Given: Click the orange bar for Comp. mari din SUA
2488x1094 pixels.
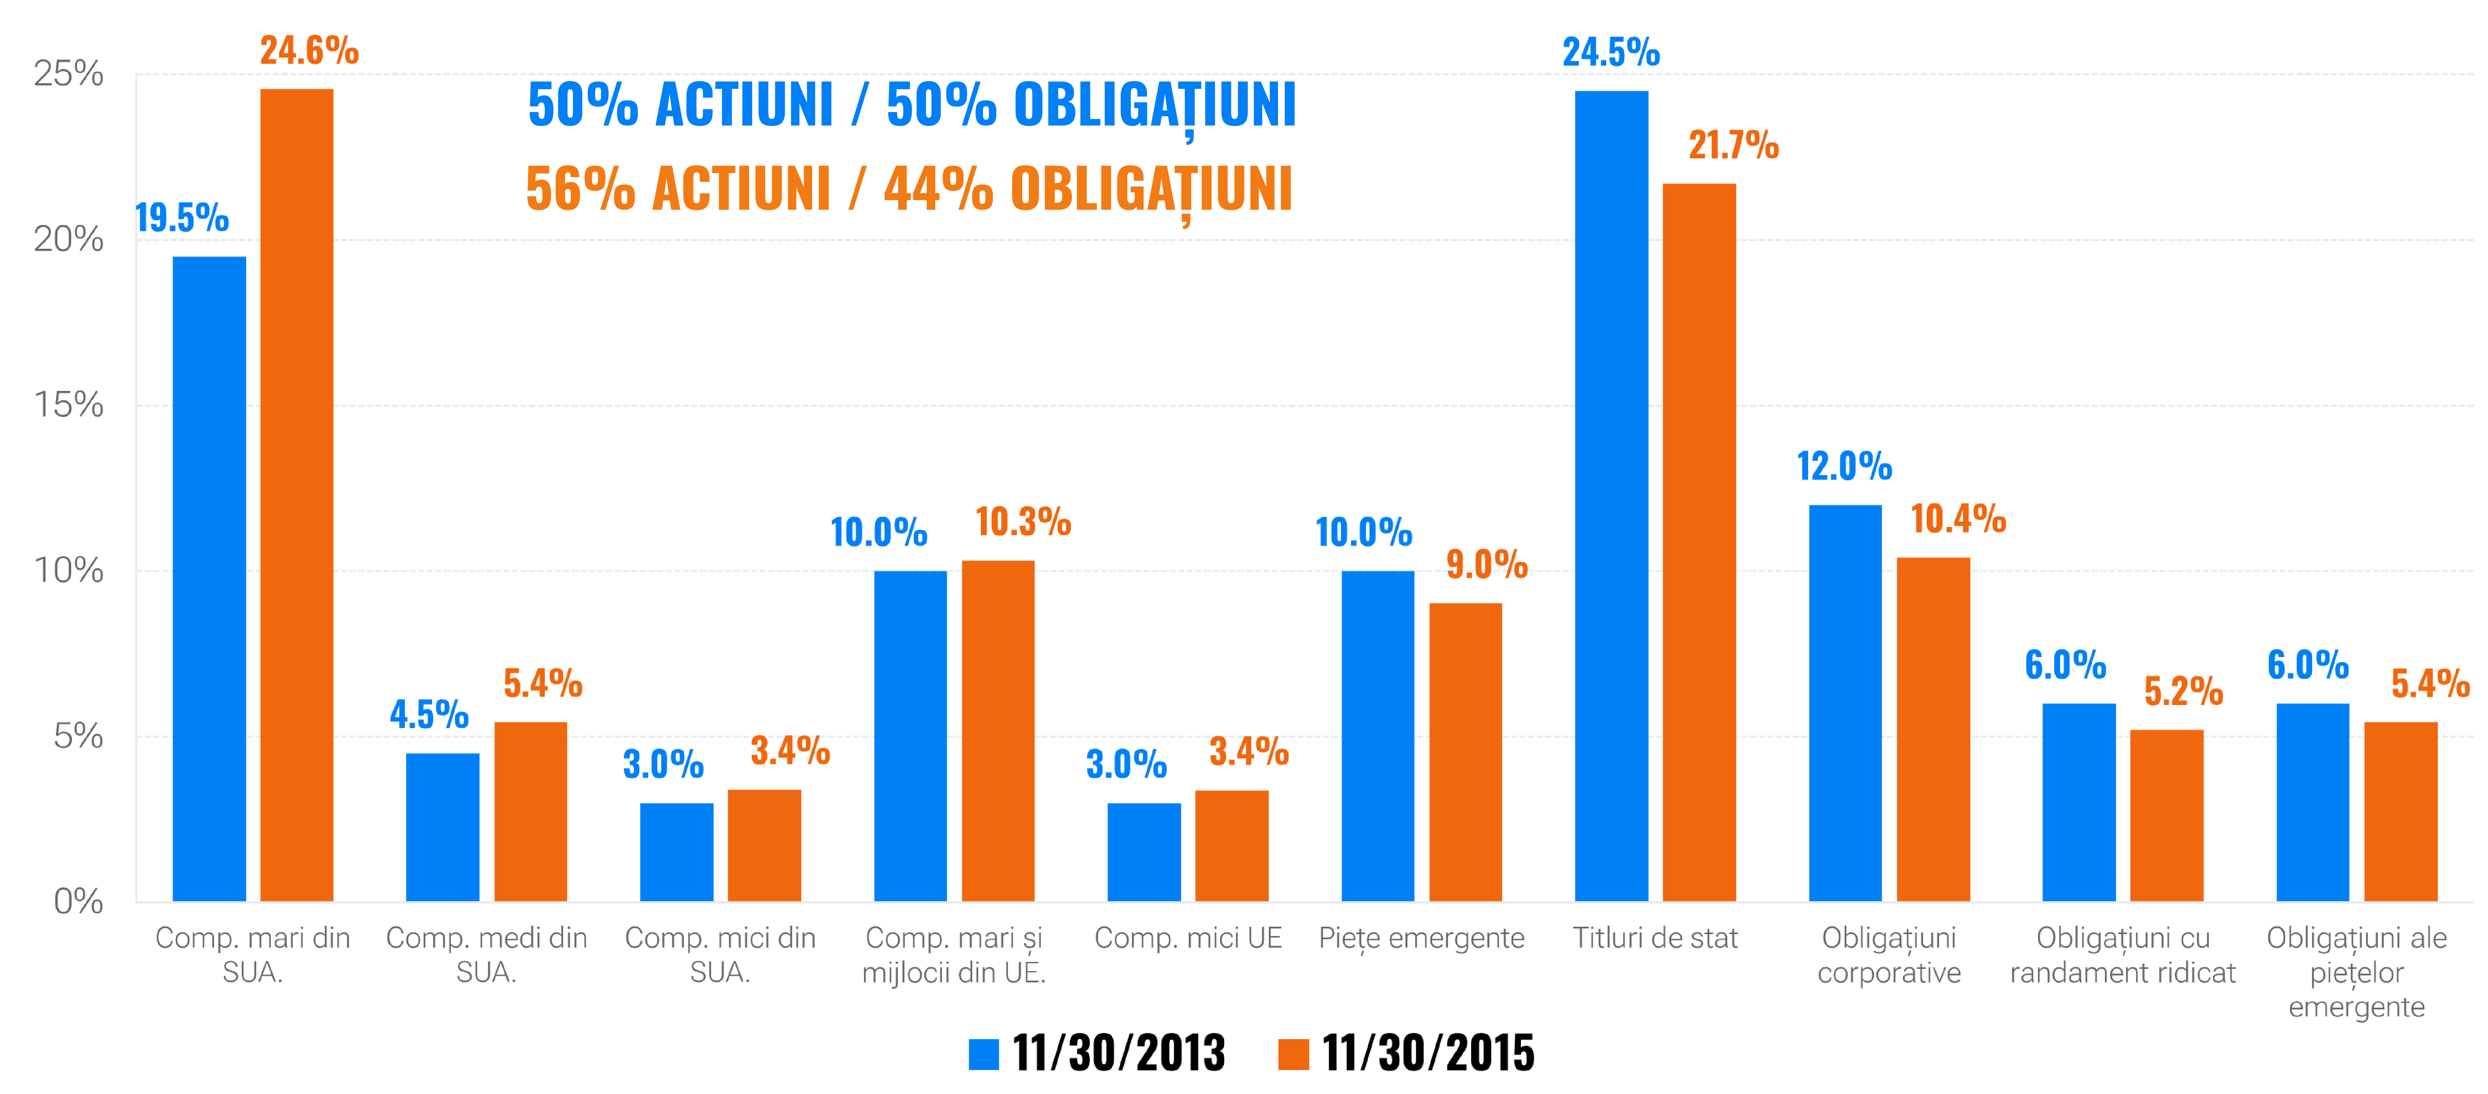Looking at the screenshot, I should click(297, 494).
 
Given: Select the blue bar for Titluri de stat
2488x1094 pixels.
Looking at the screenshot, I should click(1611, 495).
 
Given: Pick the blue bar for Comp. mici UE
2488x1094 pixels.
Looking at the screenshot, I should click(1144, 852).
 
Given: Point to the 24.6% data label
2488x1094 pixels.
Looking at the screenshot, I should click(309, 50).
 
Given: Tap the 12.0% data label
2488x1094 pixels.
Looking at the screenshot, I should click(1844, 466).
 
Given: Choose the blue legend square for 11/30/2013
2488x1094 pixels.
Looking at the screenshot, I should click(983, 1053).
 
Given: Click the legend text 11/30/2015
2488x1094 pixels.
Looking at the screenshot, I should click(1428, 1053).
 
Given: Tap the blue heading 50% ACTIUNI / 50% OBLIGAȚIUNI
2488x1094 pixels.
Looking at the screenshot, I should click(911, 105).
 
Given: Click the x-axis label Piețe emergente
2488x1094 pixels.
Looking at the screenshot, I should click(1421, 938).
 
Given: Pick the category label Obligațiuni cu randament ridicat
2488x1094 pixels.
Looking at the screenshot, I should click(2122, 955).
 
